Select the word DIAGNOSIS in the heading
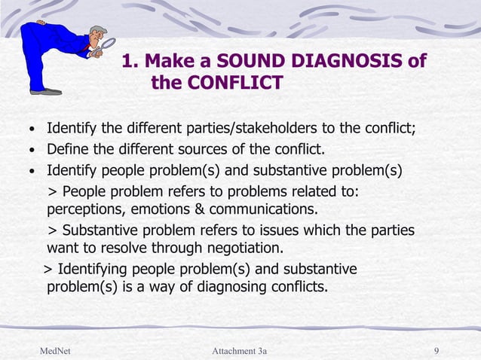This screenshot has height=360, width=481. (x=354, y=60)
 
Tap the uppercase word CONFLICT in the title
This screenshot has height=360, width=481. (x=239, y=82)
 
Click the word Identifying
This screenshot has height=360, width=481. (x=93, y=269)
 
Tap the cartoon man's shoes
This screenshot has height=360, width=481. (x=46, y=91)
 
